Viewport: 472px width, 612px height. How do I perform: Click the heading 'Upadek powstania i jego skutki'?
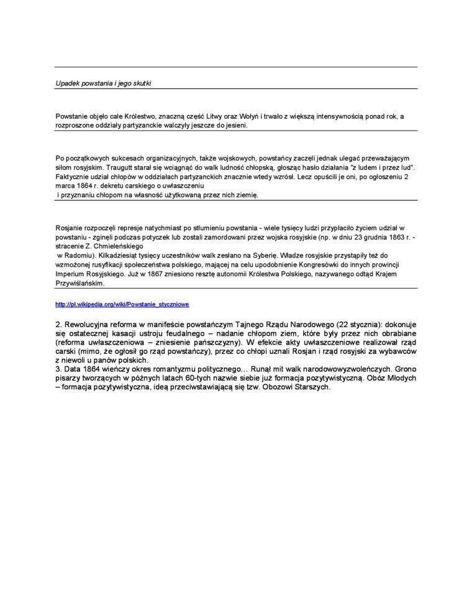pos(104,83)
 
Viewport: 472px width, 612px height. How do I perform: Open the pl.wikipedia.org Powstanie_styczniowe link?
pos(122,305)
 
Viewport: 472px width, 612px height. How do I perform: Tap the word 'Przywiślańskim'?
pos(80,283)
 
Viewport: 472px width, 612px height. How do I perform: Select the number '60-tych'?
pos(201,378)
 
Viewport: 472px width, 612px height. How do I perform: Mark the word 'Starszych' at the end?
pos(308,387)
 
